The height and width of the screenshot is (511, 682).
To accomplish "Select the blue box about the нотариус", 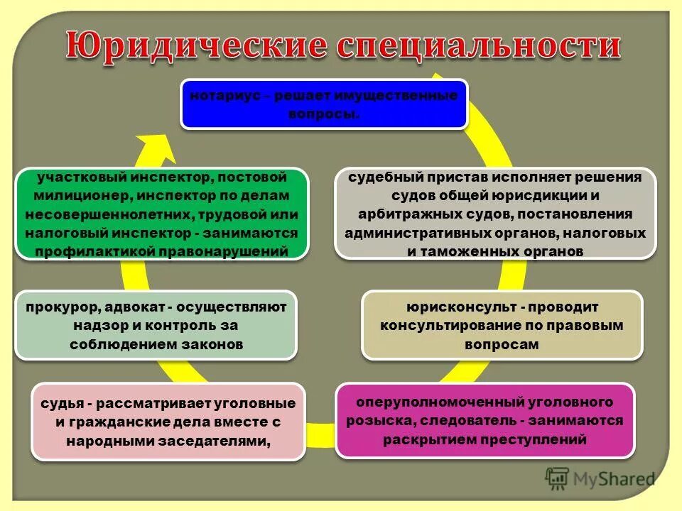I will pyautogui.click(x=324, y=104).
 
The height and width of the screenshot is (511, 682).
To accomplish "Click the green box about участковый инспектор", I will pyautogui.click(x=162, y=214).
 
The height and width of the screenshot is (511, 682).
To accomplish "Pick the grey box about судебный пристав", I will pyautogui.click(x=495, y=214).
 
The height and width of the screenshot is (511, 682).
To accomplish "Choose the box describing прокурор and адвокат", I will pyautogui.click(x=156, y=325).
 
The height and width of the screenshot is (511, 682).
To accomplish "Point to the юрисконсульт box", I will pyautogui.click(x=502, y=325).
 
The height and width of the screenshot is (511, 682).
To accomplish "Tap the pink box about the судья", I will pyautogui.click(x=168, y=421).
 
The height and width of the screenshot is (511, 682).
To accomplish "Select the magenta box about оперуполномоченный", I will pyautogui.click(x=485, y=421).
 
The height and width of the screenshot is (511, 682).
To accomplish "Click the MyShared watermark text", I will pyautogui.click(x=615, y=480).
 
